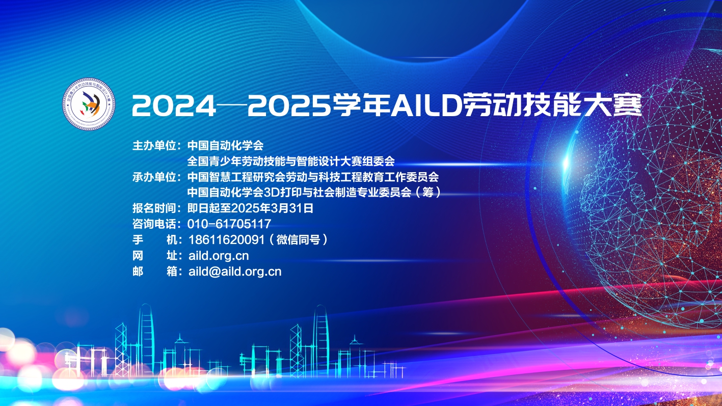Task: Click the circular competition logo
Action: coord(89,104)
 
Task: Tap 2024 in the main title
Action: coord(174,105)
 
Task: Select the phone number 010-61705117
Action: coord(229,224)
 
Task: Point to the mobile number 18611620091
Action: coord(227,240)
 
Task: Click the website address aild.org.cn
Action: coord(219,256)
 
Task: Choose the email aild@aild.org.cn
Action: coord(235,272)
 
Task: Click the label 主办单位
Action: coord(154,146)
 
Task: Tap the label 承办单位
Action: coord(154,177)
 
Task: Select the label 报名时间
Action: coord(154,208)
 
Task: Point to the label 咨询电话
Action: coord(154,224)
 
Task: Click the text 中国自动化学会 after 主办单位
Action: coord(225,146)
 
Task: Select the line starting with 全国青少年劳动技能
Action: coord(291,161)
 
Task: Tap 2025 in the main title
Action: coord(289,105)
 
